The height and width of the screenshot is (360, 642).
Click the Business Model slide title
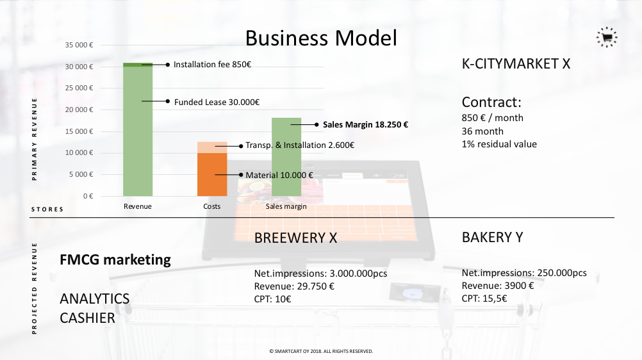pos(321,38)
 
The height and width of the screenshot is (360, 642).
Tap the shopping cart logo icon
pos(607,37)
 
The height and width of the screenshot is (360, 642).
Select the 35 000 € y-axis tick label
pos(79,45)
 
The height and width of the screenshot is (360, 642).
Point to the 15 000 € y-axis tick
pos(79,131)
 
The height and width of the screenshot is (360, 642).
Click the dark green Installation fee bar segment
pos(138,65)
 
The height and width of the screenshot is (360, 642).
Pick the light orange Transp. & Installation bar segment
pos(212,147)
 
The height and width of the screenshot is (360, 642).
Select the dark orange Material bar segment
pos(212,174)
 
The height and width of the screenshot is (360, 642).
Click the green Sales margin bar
pos(286,157)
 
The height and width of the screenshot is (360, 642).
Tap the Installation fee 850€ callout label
pos(212,65)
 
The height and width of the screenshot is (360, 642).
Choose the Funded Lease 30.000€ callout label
pos(217,102)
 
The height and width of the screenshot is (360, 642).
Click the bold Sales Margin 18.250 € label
pos(365,125)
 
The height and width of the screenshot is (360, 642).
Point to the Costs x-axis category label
pos(211,206)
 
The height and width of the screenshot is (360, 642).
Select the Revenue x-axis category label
pos(138,206)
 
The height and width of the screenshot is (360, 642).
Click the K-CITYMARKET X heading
pos(516,64)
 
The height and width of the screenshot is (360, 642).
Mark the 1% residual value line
pos(499,144)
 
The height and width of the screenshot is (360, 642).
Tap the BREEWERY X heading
pos(295,238)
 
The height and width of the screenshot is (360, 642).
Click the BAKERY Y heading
pos(492,238)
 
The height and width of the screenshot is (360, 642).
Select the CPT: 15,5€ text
pos(484,299)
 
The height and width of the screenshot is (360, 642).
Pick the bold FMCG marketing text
pos(115,260)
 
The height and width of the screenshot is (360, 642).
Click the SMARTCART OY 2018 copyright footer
pos(321,352)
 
